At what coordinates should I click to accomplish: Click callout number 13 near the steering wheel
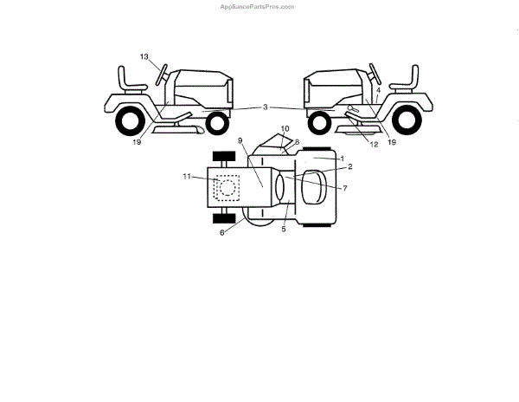[x=145, y=56]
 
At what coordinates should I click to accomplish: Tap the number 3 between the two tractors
[x=266, y=107]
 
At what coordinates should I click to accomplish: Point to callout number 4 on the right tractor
[x=378, y=89]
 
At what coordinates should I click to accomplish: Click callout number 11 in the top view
[x=186, y=176]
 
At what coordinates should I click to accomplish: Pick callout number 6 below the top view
[x=223, y=232]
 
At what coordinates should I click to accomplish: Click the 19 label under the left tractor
[x=138, y=142]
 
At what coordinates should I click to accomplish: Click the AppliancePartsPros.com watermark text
[x=259, y=6]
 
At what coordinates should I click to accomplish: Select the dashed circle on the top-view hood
[x=227, y=185]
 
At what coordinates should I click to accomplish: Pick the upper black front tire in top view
[x=224, y=157]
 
